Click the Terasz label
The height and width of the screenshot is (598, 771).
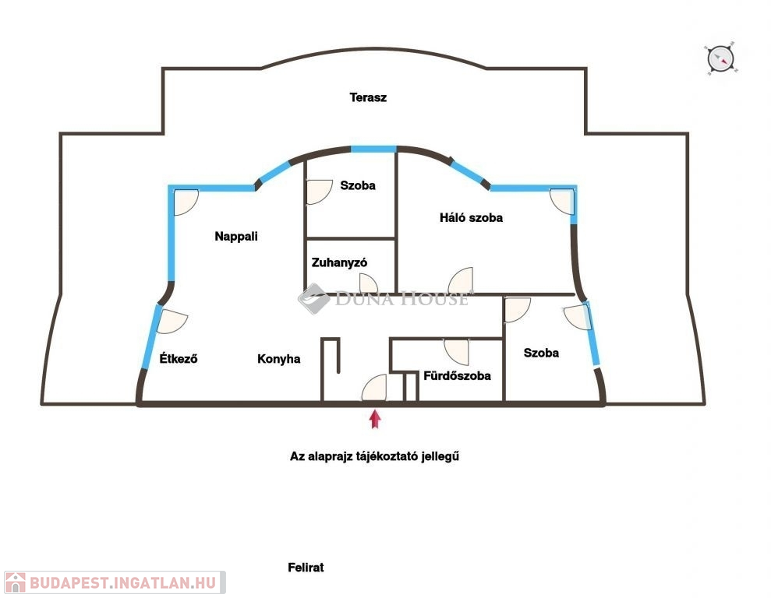pos(368,98)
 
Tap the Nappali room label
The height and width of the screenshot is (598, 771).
pos(236,237)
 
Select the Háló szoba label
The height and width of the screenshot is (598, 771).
pos(471,218)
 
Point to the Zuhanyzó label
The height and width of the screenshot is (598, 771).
pos(339,262)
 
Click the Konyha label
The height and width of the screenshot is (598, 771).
pos(278,359)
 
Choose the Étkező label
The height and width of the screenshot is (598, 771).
pos(178,359)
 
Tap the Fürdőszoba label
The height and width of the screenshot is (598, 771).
pos(457,376)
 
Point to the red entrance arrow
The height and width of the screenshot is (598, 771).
pos(375,420)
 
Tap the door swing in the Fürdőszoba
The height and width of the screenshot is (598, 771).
pos(457,351)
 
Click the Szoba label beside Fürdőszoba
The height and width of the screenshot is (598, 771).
pos(541,353)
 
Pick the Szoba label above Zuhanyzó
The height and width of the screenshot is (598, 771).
pos(358,186)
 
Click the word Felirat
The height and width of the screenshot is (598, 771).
pos(306,568)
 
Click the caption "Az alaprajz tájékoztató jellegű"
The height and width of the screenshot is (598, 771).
pos(374,457)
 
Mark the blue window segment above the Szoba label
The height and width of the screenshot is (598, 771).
pos(373,149)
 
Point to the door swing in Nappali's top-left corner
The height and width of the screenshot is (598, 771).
pos(185,202)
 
